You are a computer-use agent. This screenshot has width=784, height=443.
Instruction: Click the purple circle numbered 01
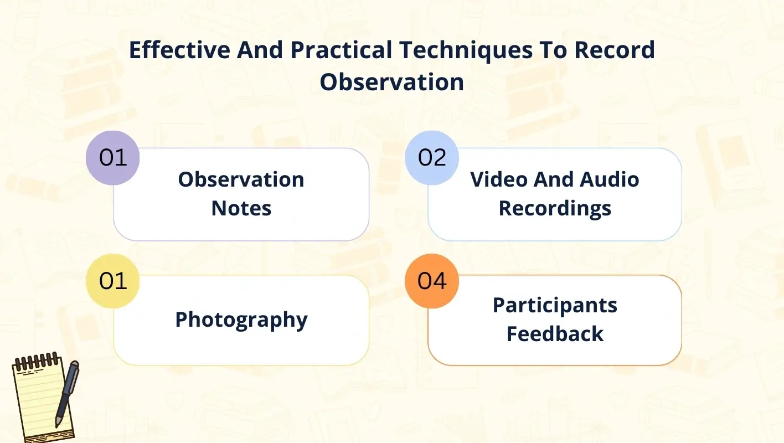113,158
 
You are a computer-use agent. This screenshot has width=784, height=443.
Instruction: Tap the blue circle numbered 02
432,158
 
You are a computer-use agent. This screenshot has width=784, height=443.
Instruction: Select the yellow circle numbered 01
113,281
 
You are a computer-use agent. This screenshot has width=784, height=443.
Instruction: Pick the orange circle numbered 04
432,281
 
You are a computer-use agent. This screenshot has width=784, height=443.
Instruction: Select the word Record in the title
615,50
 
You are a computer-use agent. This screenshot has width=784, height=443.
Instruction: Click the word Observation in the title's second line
392,82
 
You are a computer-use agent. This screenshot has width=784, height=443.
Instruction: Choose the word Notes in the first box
241,208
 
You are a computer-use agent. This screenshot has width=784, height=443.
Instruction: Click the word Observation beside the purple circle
241,179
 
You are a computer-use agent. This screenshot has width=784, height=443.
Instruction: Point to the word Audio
609,179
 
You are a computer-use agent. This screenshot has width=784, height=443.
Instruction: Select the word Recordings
555,208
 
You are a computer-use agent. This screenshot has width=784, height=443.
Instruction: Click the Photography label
241,320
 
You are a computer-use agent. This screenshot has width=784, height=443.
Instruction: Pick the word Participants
555,305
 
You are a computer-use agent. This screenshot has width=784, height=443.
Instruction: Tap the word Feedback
555,334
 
